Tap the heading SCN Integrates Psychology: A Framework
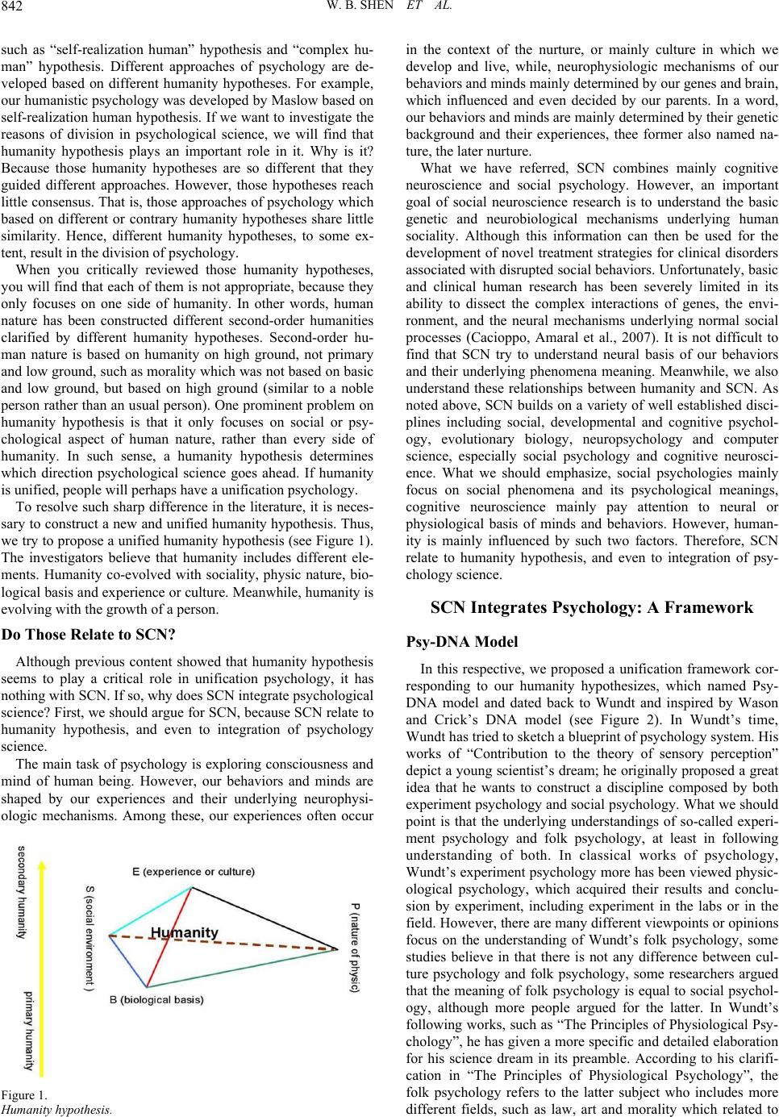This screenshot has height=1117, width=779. [x=592, y=608]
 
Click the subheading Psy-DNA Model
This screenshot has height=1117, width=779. [x=462, y=643]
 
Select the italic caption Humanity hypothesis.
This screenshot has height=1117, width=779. [x=55, y=1109]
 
